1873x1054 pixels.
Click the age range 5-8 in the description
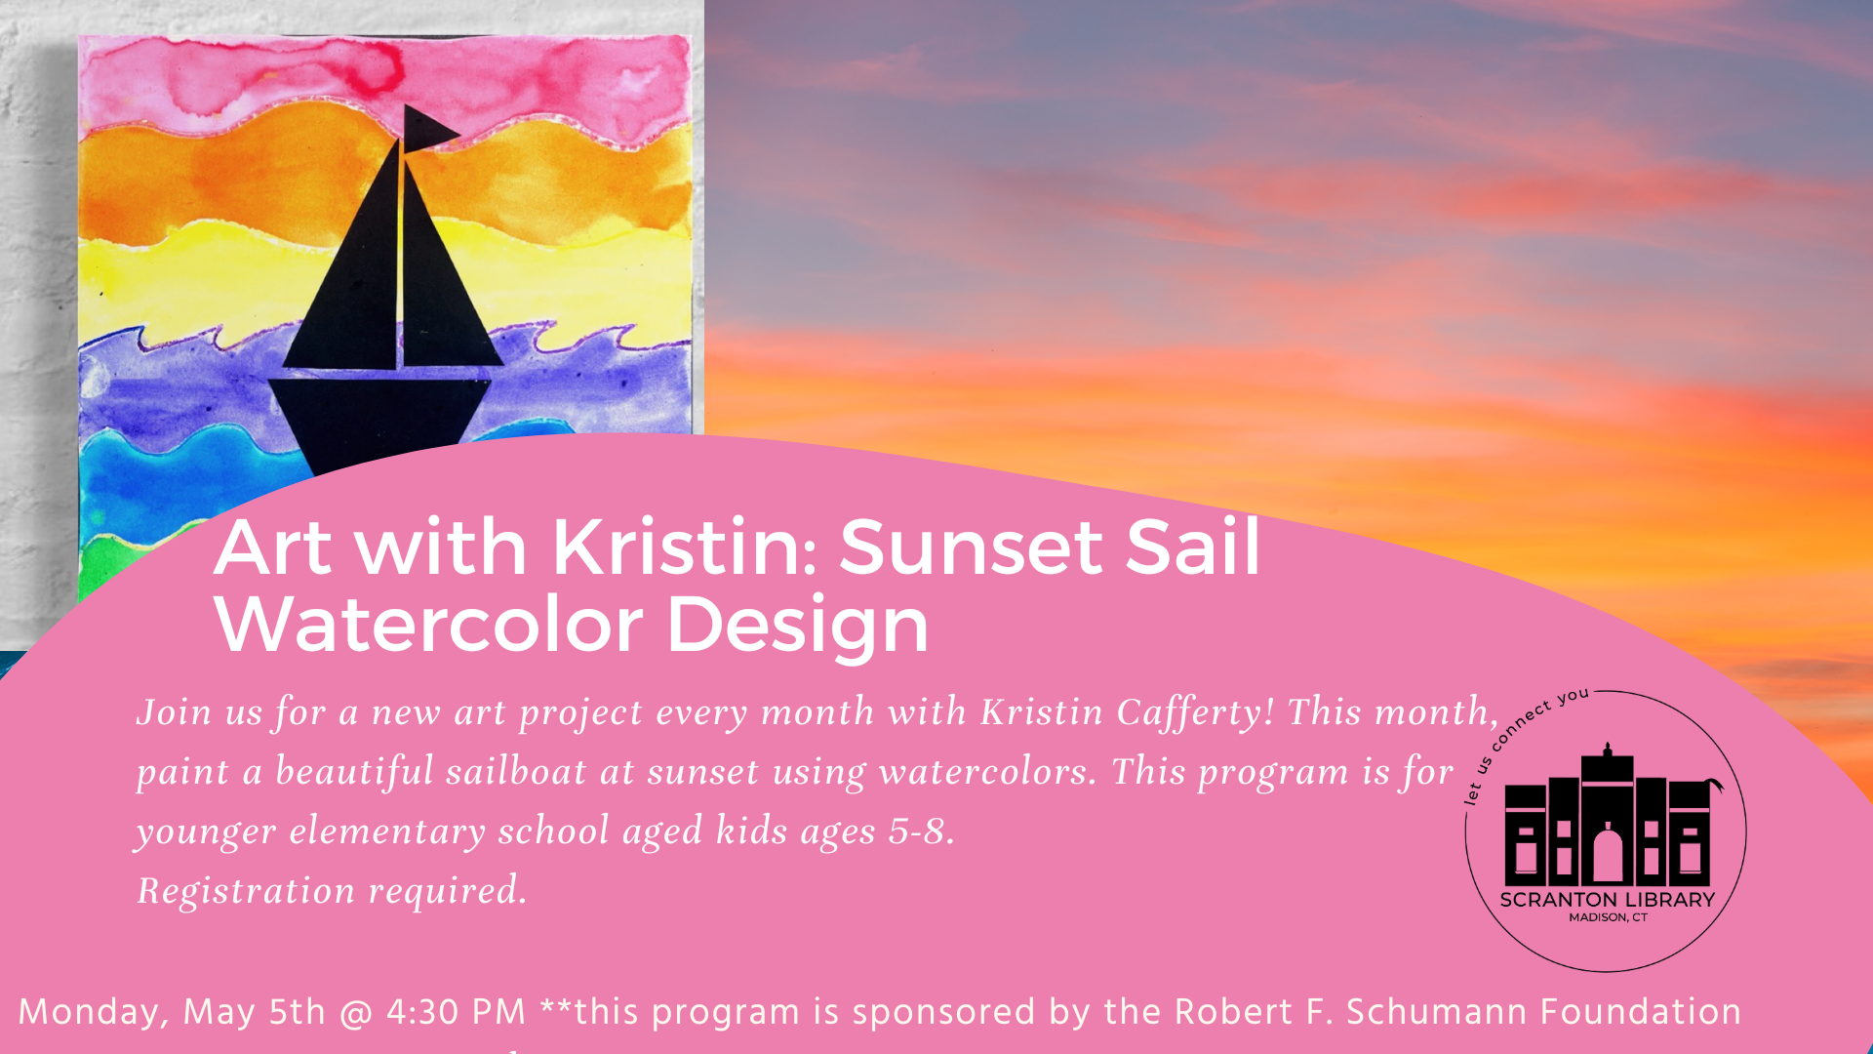click(x=921, y=831)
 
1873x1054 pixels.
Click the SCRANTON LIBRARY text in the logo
click(x=1607, y=900)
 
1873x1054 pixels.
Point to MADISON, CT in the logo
click(x=1608, y=917)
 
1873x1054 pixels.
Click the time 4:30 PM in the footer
click(x=457, y=1012)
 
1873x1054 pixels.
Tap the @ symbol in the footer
click(x=356, y=1013)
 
